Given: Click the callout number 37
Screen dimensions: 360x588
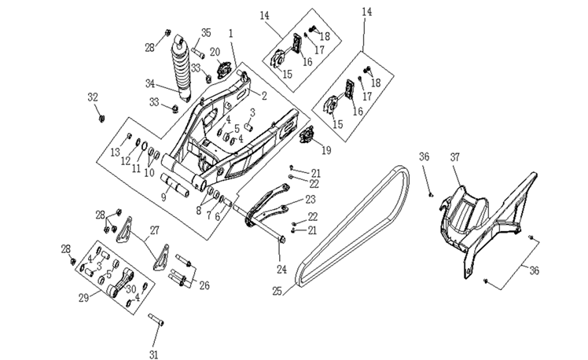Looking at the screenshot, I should [x=455, y=157].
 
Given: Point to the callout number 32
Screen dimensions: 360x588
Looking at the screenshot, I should [x=93, y=97].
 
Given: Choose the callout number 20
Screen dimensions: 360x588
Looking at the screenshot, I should [x=215, y=52].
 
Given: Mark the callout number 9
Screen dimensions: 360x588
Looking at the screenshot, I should [x=164, y=197].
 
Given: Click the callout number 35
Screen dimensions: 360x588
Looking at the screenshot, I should [x=206, y=32].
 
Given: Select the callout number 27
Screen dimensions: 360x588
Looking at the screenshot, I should [x=154, y=230].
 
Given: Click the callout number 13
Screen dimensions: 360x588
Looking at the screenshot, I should [x=115, y=151].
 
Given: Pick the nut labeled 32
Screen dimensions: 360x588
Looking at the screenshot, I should [x=101, y=118].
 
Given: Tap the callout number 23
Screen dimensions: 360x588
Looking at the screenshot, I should [x=310, y=200].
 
